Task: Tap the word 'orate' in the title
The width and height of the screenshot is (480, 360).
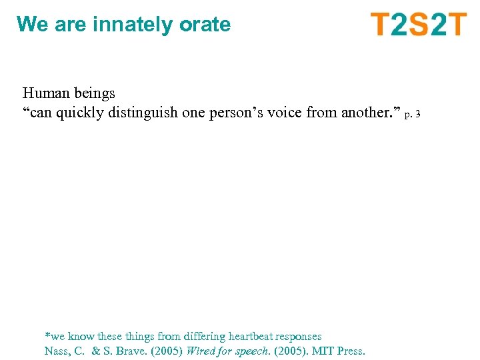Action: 205,25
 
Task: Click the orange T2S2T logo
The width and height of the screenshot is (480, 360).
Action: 419,25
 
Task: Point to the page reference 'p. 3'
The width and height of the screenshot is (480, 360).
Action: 413,115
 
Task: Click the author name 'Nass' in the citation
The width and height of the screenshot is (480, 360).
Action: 57,351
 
